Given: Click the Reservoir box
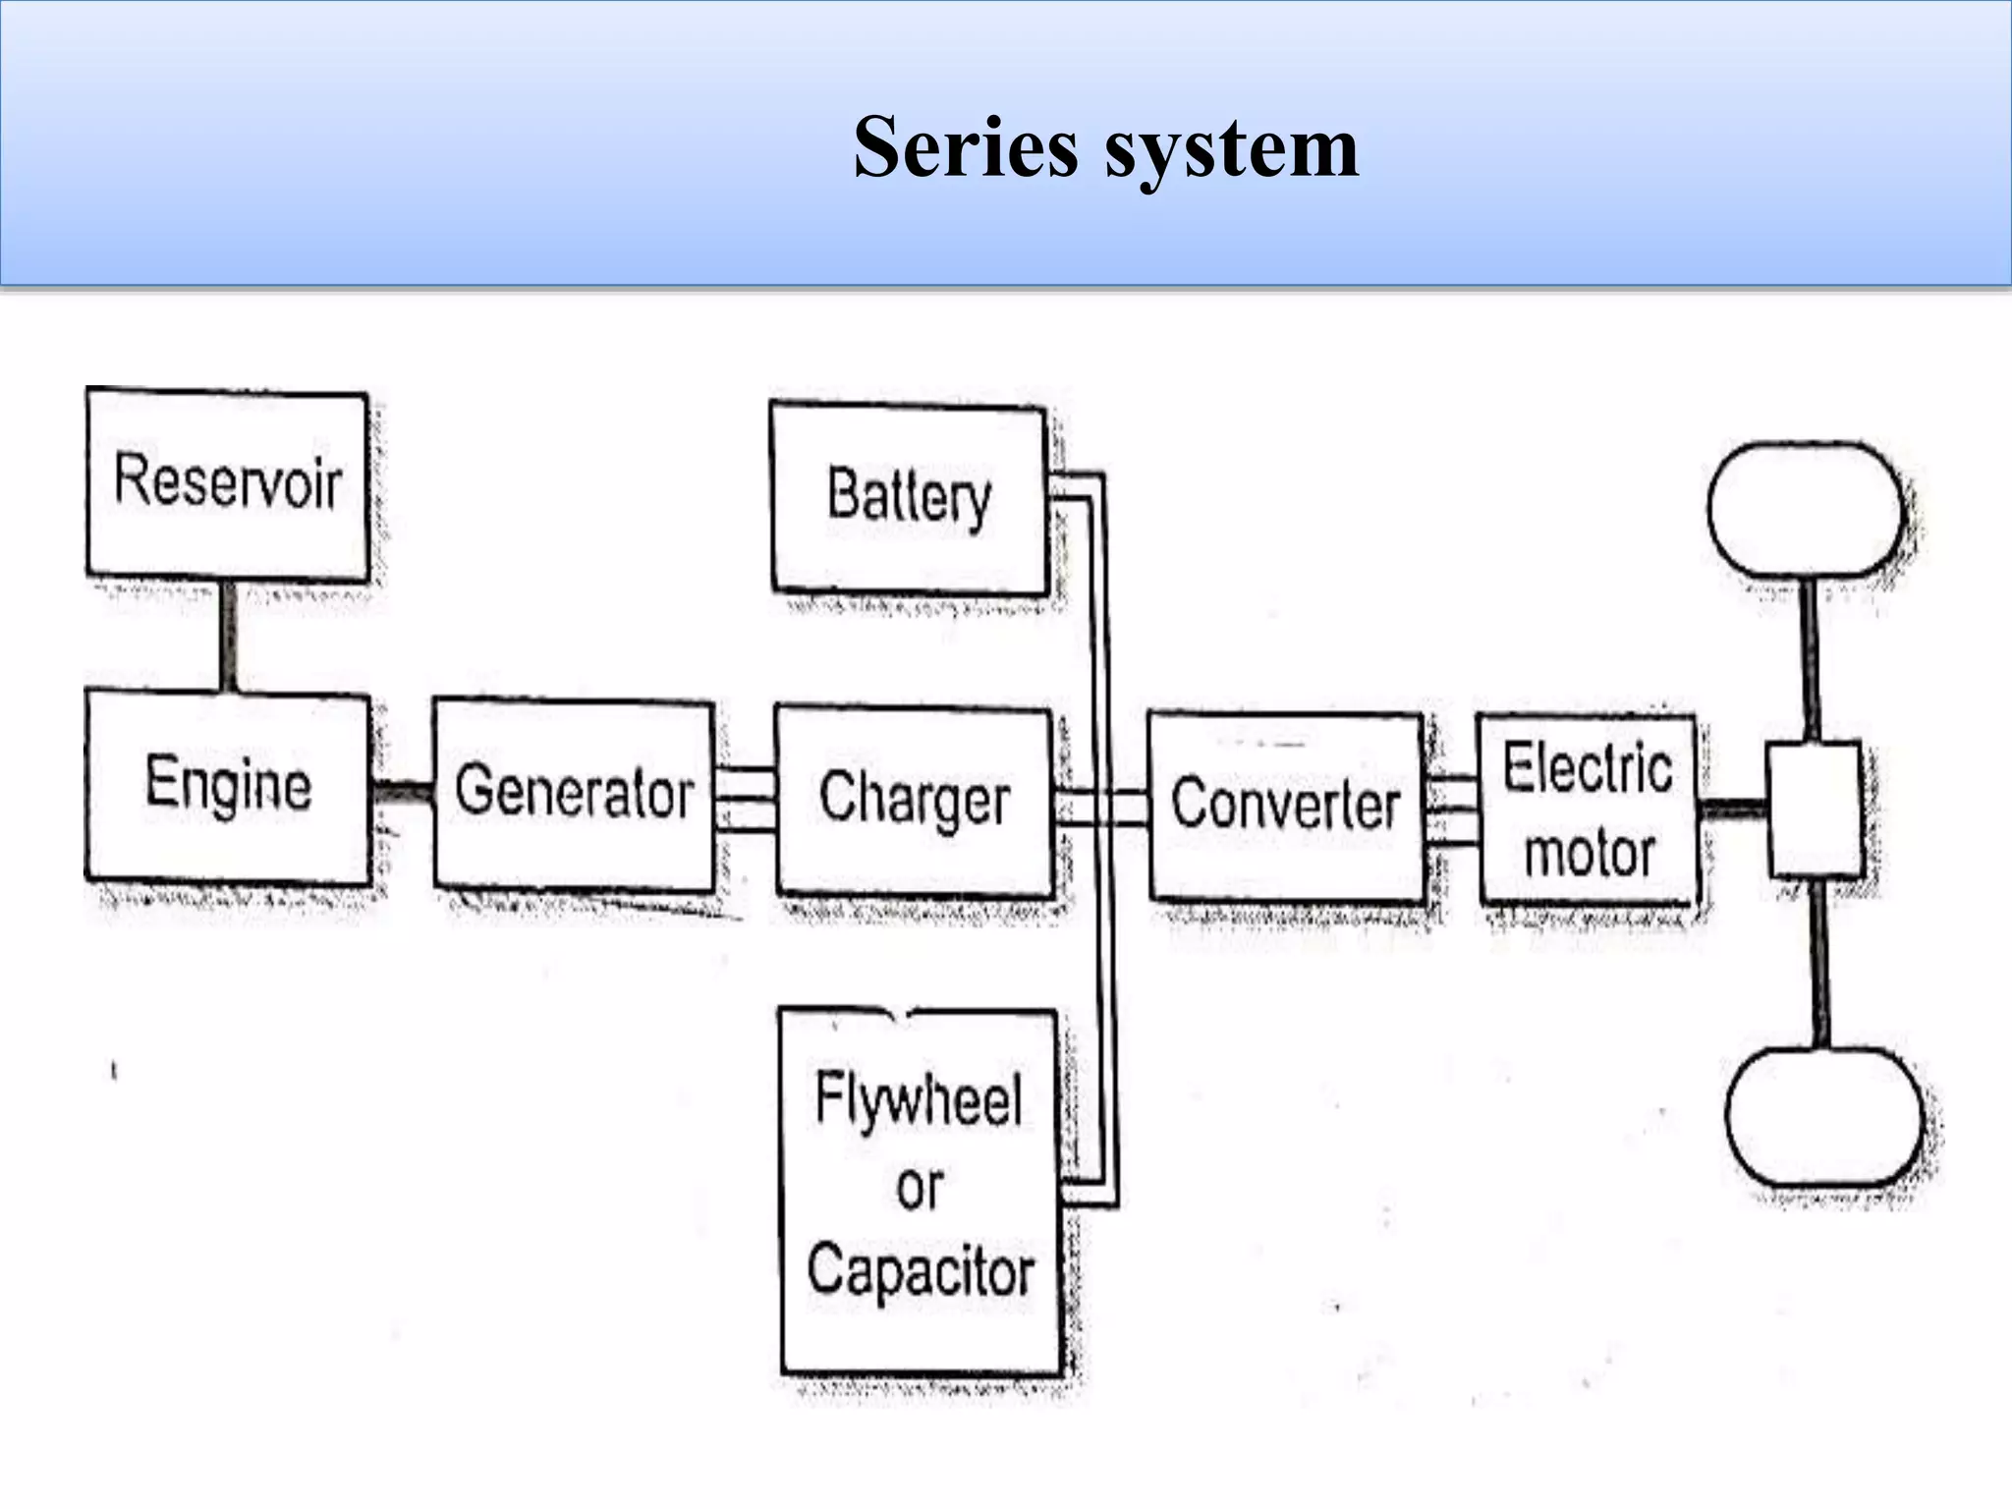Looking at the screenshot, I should [228, 482].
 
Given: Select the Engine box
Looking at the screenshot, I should [228, 785].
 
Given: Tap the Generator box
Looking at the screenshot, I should [575, 793].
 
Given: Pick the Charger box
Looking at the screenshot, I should [914, 800].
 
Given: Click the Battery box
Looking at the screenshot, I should [909, 497].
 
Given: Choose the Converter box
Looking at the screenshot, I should [1285, 806].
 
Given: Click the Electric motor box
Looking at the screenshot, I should [1588, 810].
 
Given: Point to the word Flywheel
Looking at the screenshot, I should [919, 1099].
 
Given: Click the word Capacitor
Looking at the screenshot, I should [921, 1270].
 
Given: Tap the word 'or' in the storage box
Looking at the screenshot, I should [920, 1188].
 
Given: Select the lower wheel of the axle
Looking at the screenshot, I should [1823, 1115].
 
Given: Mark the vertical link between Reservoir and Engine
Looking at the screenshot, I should [228, 635].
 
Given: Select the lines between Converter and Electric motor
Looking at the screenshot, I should [1450, 810].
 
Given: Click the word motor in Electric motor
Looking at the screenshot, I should [1590, 853].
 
